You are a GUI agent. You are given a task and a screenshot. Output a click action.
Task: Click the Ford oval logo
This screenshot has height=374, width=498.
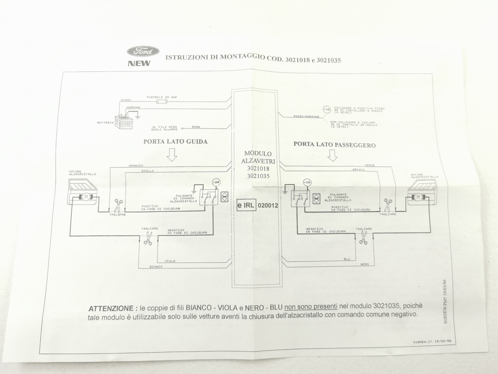(x=143, y=52)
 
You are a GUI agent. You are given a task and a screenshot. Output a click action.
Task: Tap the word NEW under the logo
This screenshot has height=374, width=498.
(x=139, y=63)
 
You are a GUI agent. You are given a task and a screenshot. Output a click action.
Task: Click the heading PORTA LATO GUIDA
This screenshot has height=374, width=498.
(x=175, y=141)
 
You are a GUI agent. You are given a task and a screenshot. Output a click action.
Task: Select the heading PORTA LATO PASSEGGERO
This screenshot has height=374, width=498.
(x=334, y=145)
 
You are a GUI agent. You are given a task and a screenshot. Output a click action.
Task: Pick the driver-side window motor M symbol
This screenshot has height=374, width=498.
(x=85, y=197)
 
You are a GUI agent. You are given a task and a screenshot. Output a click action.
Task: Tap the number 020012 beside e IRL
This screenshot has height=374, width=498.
(x=268, y=205)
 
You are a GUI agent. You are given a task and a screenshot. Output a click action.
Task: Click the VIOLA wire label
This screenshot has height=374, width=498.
(x=170, y=261)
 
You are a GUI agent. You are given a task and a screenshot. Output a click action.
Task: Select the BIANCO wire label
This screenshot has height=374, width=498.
(x=156, y=267)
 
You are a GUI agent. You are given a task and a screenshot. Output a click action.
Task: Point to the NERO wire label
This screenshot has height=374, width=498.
(x=364, y=264)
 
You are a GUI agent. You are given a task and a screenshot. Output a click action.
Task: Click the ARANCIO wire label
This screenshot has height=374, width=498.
(x=136, y=166)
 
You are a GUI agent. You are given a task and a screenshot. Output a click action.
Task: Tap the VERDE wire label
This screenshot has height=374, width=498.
(x=369, y=165)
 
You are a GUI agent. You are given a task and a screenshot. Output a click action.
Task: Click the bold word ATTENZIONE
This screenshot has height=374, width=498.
(x=111, y=308)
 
